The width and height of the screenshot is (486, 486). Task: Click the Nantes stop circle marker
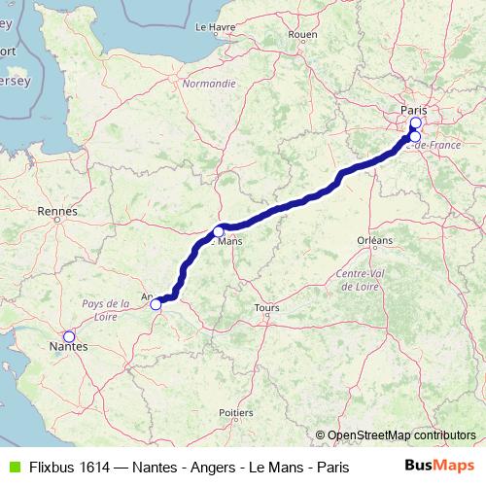68,336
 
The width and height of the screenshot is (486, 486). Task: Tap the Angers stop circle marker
156,304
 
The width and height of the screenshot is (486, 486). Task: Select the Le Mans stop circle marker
219,231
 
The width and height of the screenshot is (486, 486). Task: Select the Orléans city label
374,239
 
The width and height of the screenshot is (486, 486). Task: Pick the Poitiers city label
236,412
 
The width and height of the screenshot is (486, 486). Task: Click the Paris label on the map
414,111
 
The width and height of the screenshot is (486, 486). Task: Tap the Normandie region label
209,84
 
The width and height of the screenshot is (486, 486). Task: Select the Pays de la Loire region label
106,309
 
